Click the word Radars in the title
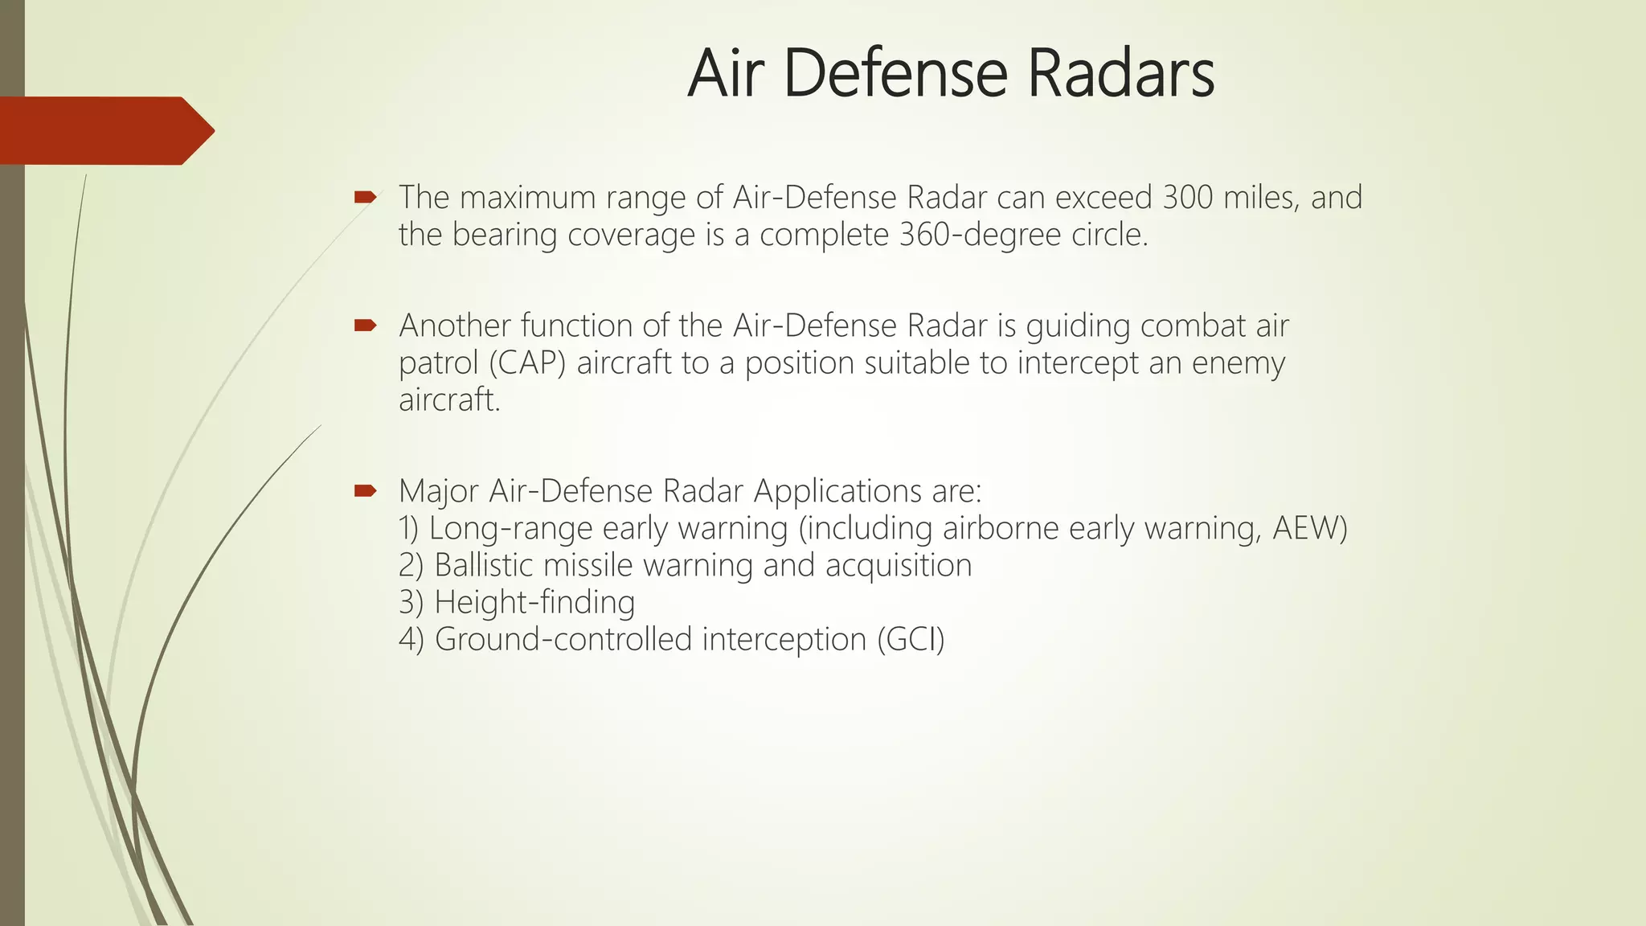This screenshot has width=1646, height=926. click(1121, 74)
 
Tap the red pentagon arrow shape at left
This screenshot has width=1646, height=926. click(104, 131)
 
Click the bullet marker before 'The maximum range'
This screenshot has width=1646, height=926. click(365, 197)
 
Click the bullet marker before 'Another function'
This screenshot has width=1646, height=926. click(365, 326)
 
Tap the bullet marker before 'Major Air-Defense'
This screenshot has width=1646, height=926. click(365, 490)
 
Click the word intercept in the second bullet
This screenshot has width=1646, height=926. click(1078, 363)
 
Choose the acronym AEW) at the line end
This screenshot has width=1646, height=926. click(1310, 529)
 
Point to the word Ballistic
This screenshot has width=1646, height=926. click(484, 566)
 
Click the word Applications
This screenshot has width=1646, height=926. click(837, 491)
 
